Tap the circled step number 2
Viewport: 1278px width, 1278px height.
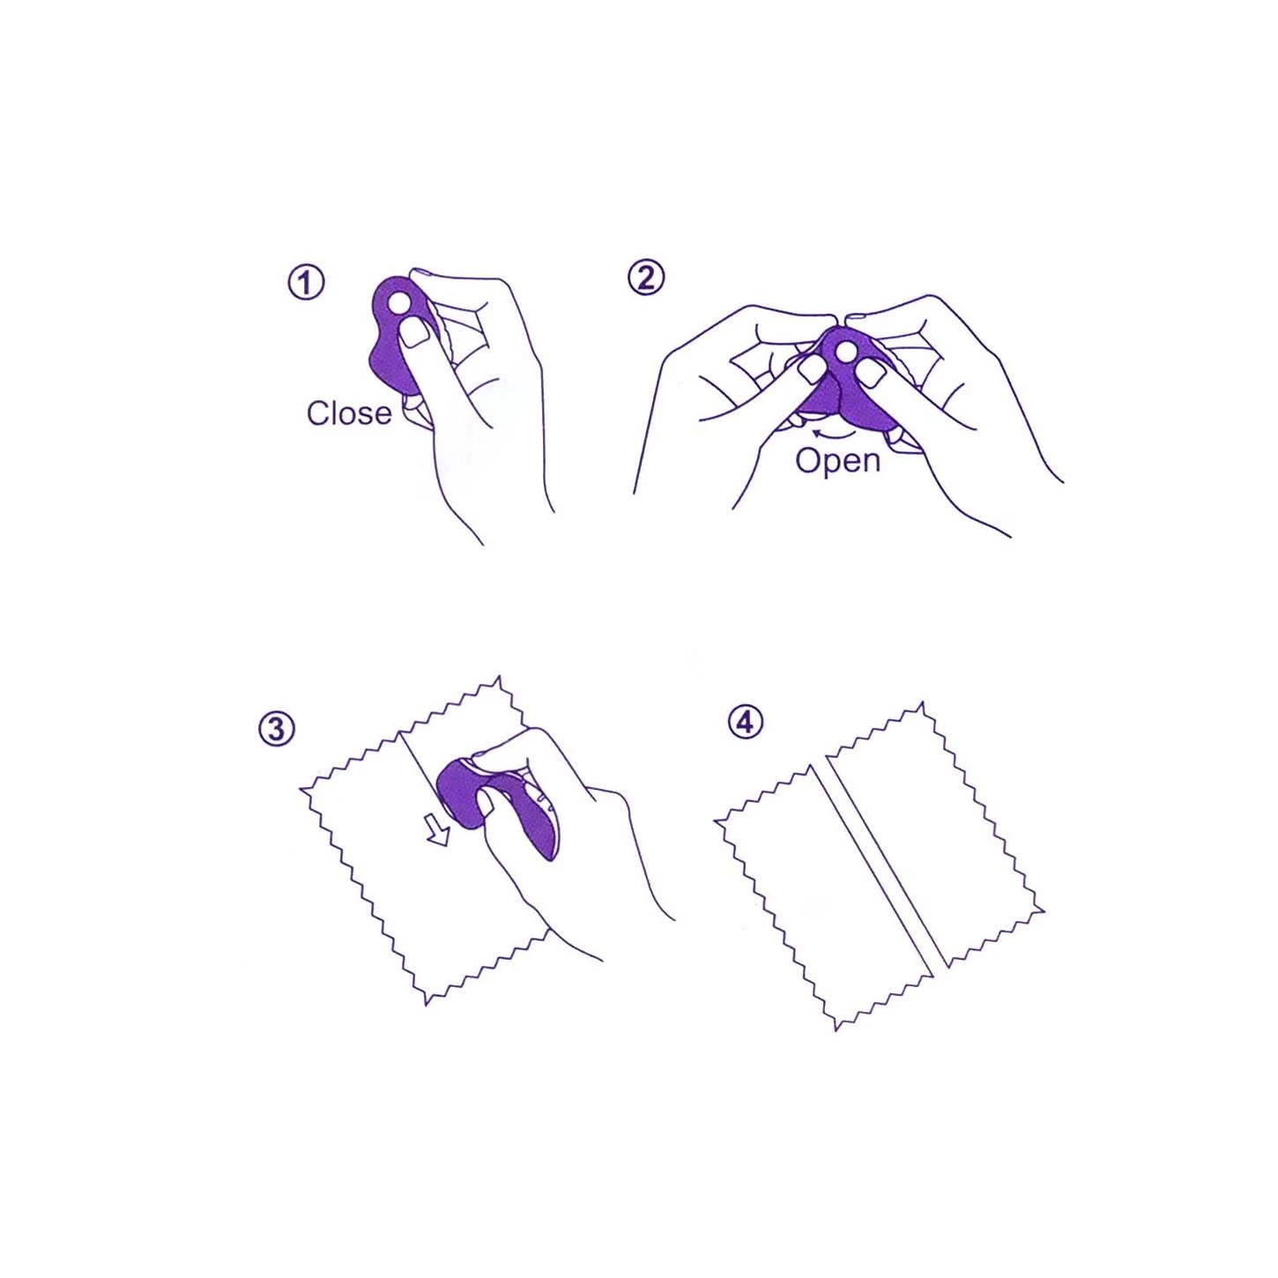click(645, 279)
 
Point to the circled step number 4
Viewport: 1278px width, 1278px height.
click(746, 723)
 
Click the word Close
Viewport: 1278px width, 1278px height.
click(349, 413)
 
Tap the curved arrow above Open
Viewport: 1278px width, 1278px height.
click(834, 435)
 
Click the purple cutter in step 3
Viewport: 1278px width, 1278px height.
click(494, 806)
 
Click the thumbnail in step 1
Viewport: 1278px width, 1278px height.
click(415, 332)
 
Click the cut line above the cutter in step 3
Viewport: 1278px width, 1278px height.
click(418, 761)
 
